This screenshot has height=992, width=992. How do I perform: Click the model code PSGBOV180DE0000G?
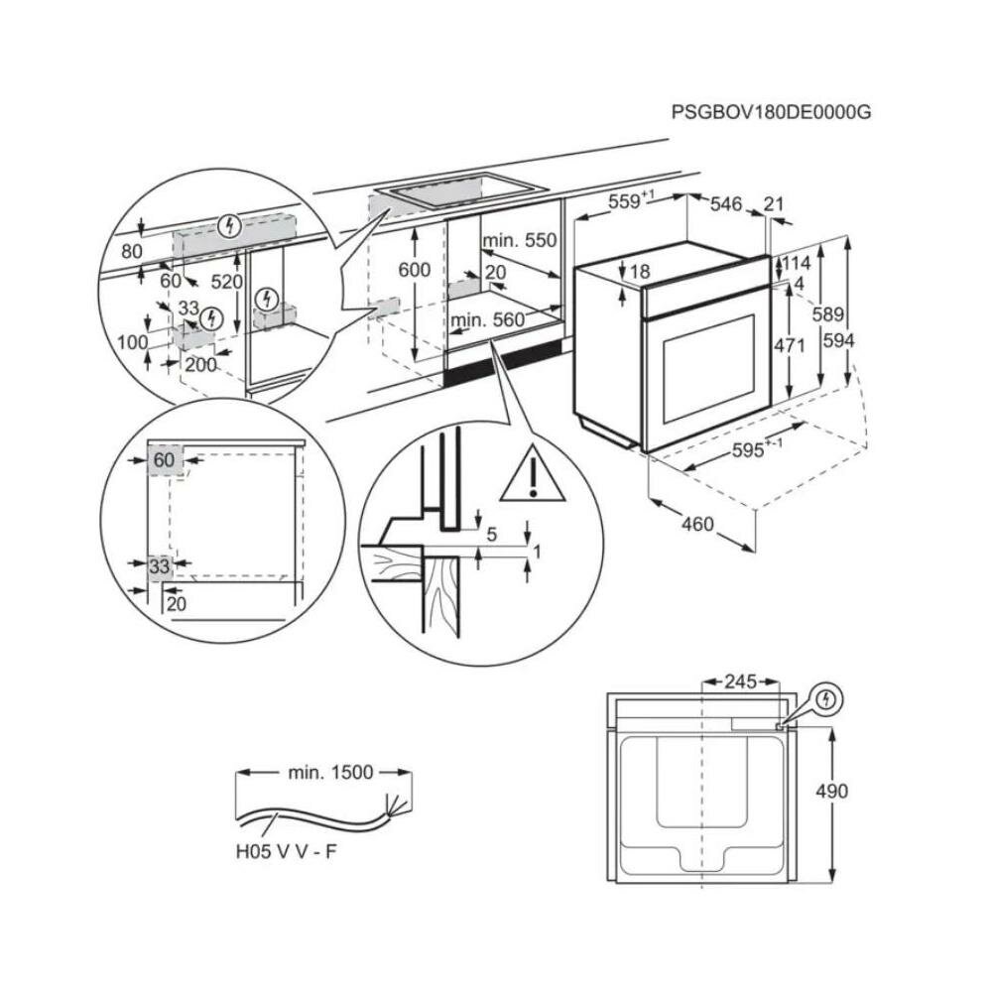click(x=771, y=113)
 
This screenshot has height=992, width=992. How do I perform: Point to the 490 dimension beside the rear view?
click(x=832, y=791)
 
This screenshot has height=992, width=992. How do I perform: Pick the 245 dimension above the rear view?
click(x=740, y=682)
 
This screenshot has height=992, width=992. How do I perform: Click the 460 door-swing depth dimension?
click(x=697, y=523)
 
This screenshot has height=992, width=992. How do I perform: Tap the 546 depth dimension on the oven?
click(x=726, y=204)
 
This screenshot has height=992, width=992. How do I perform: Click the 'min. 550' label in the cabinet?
click(x=520, y=241)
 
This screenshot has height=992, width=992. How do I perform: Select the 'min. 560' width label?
click(x=486, y=319)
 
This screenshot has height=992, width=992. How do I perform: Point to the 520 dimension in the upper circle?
click(x=227, y=282)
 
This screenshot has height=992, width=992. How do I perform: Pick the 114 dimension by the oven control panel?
click(x=797, y=263)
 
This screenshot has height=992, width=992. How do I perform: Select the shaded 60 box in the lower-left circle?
click(x=165, y=460)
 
